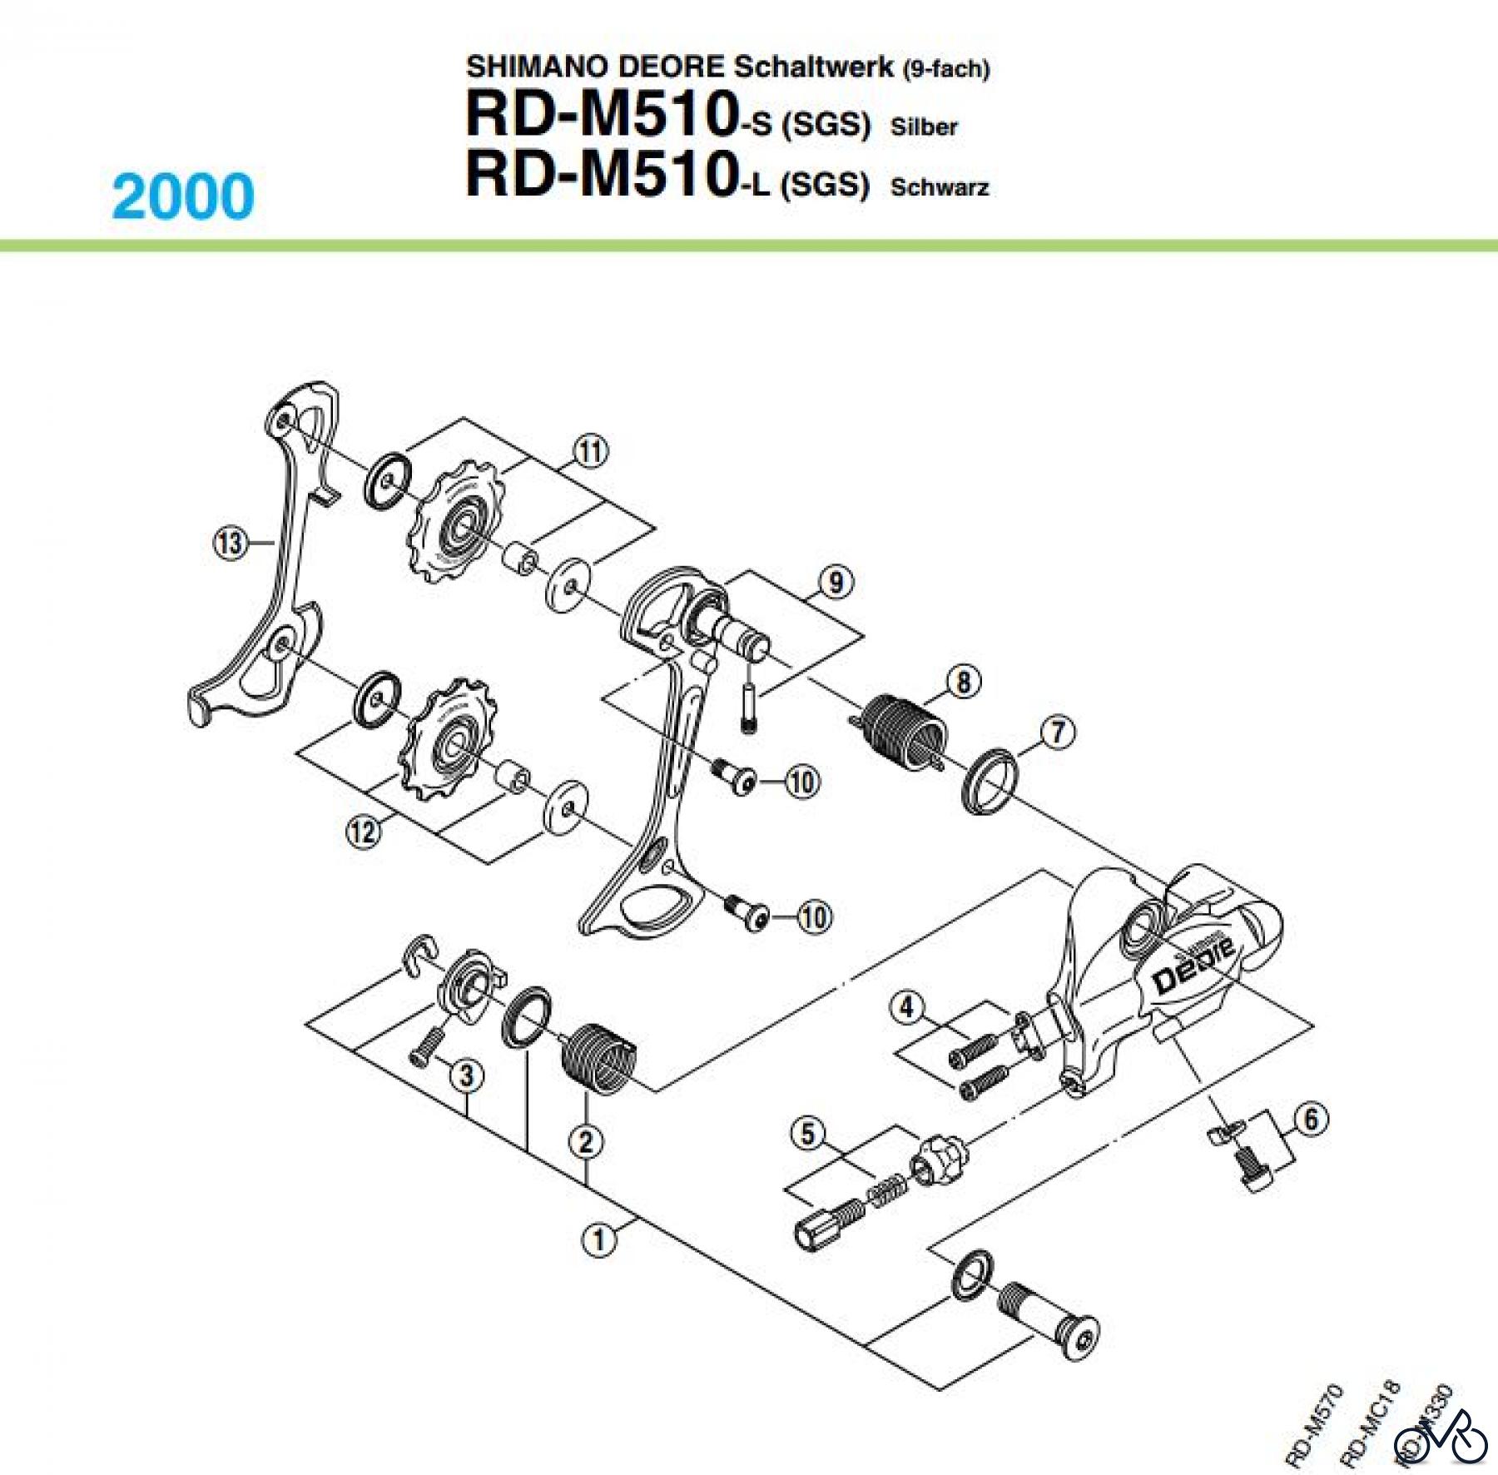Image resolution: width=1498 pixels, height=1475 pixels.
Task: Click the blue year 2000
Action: click(183, 196)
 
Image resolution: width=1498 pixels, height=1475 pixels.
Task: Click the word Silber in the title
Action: click(923, 127)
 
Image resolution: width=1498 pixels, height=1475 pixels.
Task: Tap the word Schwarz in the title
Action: click(939, 187)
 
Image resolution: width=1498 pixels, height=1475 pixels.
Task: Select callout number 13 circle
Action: click(229, 544)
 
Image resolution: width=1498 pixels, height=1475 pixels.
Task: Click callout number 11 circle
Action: click(590, 452)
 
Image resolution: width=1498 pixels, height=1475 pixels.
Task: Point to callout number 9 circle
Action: click(836, 581)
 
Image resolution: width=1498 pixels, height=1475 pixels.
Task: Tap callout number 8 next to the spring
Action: click(963, 683)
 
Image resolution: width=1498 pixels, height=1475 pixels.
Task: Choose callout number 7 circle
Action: click(1057, 733)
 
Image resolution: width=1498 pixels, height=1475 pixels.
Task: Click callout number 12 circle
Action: click(364, 831)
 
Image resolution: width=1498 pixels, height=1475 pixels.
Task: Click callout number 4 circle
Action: click(907, 1008)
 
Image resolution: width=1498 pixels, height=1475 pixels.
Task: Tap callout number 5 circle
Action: click(808, 1134)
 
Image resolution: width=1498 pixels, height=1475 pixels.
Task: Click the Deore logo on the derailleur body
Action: click(1196, 965)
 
